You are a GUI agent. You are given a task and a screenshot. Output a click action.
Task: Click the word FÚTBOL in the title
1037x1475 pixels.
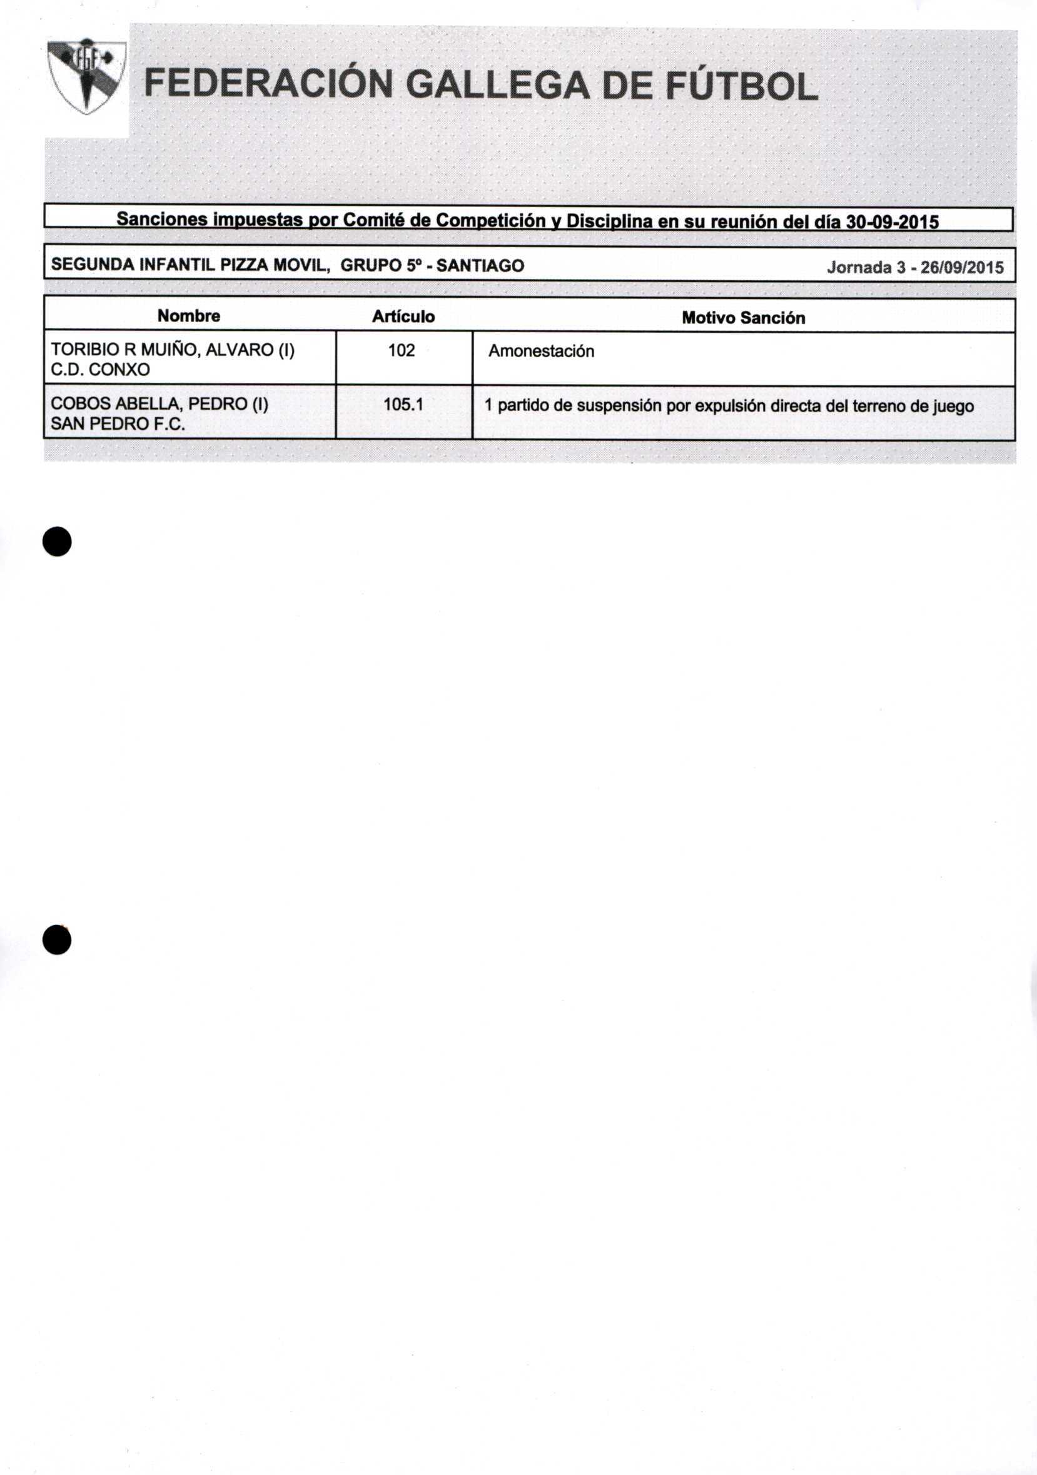pyautogui.click(x=741, y=86)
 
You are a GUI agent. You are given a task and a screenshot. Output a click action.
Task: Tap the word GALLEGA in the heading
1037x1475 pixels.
pyautogui.click(x=498, y=86)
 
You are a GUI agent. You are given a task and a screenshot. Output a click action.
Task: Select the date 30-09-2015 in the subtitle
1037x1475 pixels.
pyautogui.click(x=892, y=222)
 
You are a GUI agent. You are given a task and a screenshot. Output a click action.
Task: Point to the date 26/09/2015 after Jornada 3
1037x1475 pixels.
pyautogui.click(x=961, y=267)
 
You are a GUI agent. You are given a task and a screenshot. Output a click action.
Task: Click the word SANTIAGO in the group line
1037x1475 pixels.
pyautogui.click(x=480, y=265)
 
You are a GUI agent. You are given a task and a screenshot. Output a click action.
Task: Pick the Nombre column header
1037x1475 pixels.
pyautogui.click(x=189, y=315)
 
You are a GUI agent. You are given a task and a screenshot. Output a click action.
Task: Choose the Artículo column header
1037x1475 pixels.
pyautogui.click(x=403, y=316)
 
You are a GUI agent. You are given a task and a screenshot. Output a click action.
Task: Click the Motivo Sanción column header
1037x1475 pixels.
pyautogui.click(x=743, y=317)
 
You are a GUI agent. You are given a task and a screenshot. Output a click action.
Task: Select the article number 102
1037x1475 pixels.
pyautogui.click(x=402, y=350)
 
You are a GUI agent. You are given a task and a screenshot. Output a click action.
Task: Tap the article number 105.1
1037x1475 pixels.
pyautogui.click(x=403, y=404)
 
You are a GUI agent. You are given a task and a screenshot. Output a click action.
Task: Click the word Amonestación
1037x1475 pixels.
pyautogui.click(x=541, y=352)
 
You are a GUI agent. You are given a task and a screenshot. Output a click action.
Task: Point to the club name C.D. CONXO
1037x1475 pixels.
pyautogui.click(x=100, y=370)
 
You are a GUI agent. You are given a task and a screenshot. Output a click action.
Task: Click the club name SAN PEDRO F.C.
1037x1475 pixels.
pyautogui.click(x=118, y=424)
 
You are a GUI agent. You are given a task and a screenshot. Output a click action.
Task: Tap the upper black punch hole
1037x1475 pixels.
pyautogui.click(x=57, y=541)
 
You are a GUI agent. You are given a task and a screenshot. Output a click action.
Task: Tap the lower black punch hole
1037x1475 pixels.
pyautogui.click(x=57, y=940)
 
